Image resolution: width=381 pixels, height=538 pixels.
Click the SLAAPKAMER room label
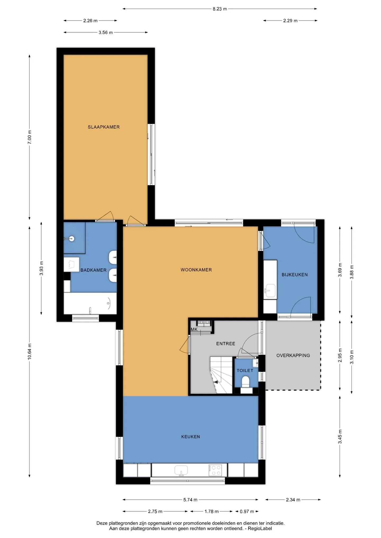(104, 127)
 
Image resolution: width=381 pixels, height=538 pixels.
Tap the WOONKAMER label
(196, 270)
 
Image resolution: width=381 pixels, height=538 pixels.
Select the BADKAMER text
(93, 270)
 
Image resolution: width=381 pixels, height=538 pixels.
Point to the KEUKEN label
(190, 437)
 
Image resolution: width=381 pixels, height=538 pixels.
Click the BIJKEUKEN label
(294, 275)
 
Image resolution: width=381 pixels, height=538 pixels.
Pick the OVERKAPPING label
(293, 355)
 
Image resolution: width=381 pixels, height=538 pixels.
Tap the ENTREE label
(226, 344)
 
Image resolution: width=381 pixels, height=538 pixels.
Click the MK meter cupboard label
(194, 330)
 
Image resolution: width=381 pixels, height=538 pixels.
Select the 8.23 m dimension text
(220, 9)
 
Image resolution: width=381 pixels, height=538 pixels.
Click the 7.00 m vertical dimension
(30, 137)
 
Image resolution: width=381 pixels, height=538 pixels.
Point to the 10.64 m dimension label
(30, 351)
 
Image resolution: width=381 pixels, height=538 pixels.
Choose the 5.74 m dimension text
(190, 500)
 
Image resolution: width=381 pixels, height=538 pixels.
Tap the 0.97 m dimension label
(247, 511)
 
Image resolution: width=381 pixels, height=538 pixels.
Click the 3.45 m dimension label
(340, 437)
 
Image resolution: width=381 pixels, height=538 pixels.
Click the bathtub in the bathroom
(90, 303)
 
